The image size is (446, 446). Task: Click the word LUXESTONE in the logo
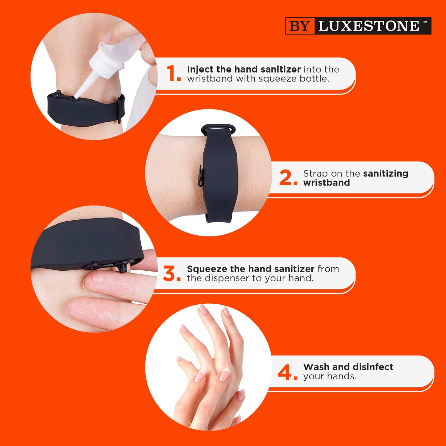pyautogui.click(x=369, y=26)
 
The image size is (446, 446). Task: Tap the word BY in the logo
pyautogui.click(x=299, y=26)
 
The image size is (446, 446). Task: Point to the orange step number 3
pyautogui.click(x=171, y=273)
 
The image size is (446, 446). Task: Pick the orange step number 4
pyautogui.click(x=287, y=372)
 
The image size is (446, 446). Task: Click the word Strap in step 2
pyautogui.click(x=315, y=173)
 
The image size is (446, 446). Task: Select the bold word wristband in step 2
pyautogui.click(x=327, y=183)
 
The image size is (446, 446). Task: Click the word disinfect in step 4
pyautogui.click(x=375, y=367)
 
